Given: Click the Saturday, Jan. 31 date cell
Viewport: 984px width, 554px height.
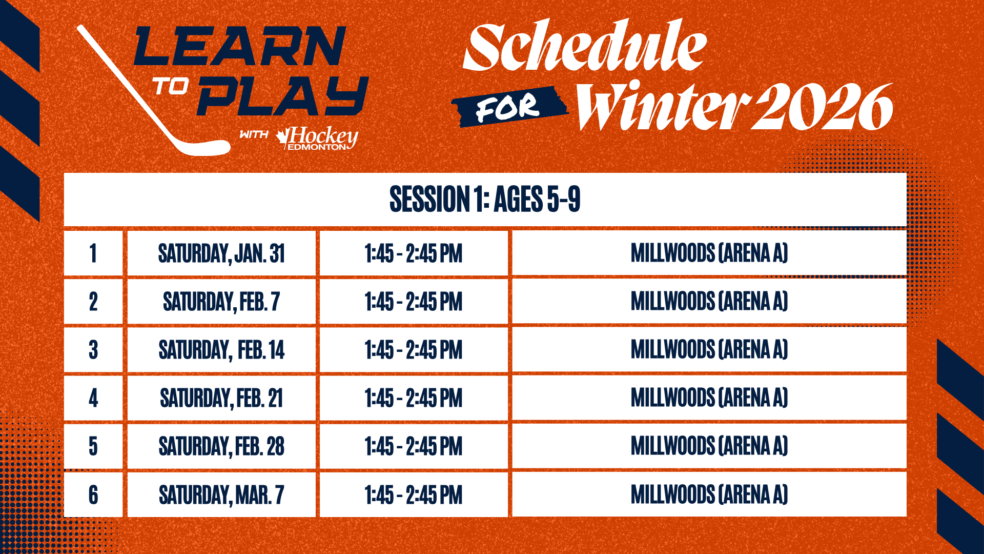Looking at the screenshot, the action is click(221, 253).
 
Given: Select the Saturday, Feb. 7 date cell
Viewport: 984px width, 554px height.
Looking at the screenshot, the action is click(221, 301).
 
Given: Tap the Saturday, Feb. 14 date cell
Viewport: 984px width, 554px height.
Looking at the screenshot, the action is click(221, 350).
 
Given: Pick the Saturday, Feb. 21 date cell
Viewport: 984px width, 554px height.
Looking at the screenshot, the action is click(221, 398).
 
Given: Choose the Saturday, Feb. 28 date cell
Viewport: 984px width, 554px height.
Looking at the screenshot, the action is click(221, 446).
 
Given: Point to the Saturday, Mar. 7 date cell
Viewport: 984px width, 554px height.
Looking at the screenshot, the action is click(221, 494).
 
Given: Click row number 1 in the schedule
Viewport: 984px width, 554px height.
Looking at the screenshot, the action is click(93, 253).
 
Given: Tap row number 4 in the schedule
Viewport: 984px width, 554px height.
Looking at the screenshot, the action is click(93, 398).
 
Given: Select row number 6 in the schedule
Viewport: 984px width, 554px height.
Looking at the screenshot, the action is click(93, 494).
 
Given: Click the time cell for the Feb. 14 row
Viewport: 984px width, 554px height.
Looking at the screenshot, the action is click(414, 350).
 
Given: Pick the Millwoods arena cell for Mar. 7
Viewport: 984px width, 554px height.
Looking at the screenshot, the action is click(709, 494).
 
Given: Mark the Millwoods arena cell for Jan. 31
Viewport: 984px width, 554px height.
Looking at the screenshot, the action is click(709, 253).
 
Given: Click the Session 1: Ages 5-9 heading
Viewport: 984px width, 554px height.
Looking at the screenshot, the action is click(485, 199).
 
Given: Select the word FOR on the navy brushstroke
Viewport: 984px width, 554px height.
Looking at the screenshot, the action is click(507, 108).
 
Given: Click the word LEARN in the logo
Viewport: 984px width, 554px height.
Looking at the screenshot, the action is click(240, 46).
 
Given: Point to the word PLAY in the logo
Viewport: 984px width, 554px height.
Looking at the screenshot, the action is click(283, 96).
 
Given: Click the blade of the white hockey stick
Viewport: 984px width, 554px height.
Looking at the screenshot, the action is click(205, 147).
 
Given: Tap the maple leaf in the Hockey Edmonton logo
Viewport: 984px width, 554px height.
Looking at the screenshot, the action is click(282, 137).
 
